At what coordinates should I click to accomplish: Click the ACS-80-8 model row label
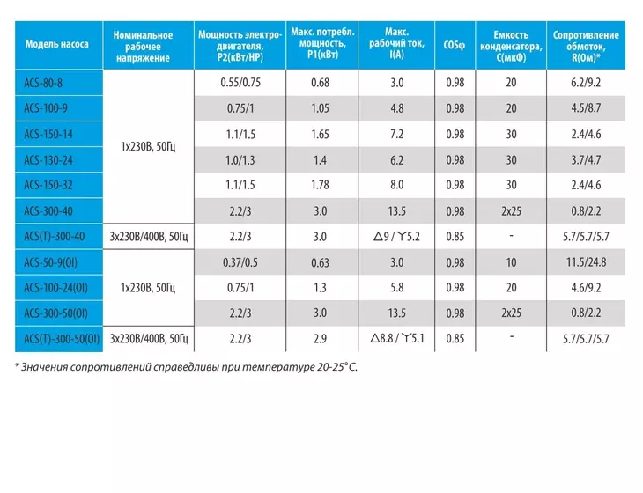pos(43,83)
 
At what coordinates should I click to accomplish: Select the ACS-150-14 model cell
pos(48,134)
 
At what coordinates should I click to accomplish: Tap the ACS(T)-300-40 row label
pos(54,237)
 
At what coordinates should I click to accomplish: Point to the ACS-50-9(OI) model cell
pos(50,262)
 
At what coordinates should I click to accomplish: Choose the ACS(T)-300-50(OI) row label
pos(62,339)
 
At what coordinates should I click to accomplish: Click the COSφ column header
pos(455,45)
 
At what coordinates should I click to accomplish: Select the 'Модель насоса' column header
pos(57,44)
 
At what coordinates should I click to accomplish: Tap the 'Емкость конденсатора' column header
pos(511,46)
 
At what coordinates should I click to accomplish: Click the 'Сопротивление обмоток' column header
pos(586,46)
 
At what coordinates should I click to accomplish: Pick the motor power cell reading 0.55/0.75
pos(240,83)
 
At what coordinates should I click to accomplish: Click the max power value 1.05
pos(321,108)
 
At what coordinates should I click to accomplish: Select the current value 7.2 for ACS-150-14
pos(396,134)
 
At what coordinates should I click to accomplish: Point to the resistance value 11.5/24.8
pos(586,262)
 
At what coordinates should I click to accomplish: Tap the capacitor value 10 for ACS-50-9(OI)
pos(511,262)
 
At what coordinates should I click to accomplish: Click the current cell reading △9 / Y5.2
pos(396,237)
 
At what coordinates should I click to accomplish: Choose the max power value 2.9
pos(320,339)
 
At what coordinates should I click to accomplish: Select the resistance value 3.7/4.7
pos(586,160)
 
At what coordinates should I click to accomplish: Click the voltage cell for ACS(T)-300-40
pos(149,237)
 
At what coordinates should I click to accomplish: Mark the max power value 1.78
pos(320,185)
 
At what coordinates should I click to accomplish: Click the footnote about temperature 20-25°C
pos(186,367)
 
